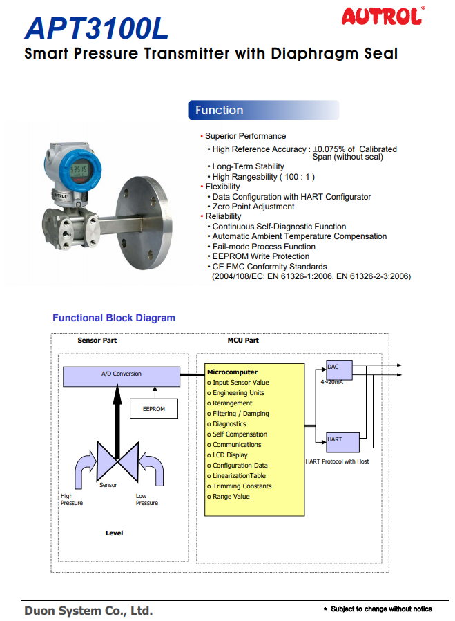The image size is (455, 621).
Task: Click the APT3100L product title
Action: click(x=96, y=28)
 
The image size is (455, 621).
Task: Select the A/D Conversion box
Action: click(x=121, y=374)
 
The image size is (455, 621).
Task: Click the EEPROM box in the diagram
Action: click(x=153, y=408)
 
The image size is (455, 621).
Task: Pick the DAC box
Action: click(x=338, y=369)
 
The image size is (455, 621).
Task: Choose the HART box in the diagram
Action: click(x=338, y=440)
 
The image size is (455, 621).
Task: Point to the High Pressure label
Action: click(x=71, y=499)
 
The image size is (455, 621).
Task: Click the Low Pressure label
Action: click(x=146, y=499)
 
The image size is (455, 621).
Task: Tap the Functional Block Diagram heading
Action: click(x=114, y=318)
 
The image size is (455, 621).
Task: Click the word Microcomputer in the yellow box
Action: click(x=232, y=372)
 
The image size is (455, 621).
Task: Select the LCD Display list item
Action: click(x=230, y=455)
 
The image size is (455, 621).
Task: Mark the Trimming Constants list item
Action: click(x=242, y=486)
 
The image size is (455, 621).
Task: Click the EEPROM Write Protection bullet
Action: click(x=260, y=256)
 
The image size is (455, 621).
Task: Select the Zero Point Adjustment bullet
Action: click(x=253, y=207)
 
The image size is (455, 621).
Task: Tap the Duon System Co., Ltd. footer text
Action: click(x=88, y=611)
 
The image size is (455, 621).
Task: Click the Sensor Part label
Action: click(x=97, y=341)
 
